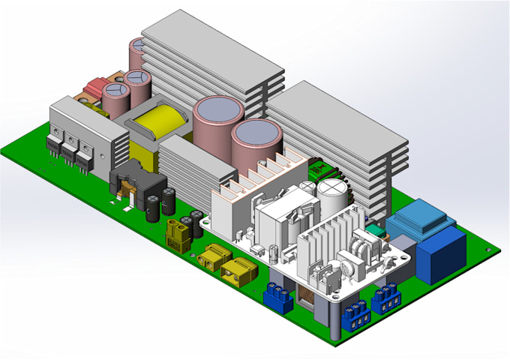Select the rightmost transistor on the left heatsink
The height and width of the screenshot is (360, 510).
(x=85, y=160)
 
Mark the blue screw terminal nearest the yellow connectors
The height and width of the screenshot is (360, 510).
(x=277, y=298)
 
